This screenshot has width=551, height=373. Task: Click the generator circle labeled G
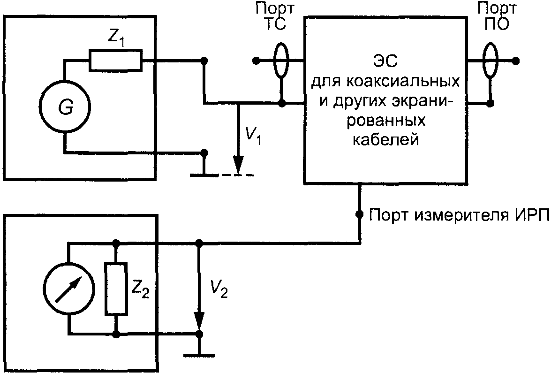click(65, 108)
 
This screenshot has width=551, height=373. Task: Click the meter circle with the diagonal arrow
click(68, 289)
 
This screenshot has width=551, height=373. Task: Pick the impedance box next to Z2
click(115, 289)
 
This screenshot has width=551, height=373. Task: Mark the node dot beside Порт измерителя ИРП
click(359, 215)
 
